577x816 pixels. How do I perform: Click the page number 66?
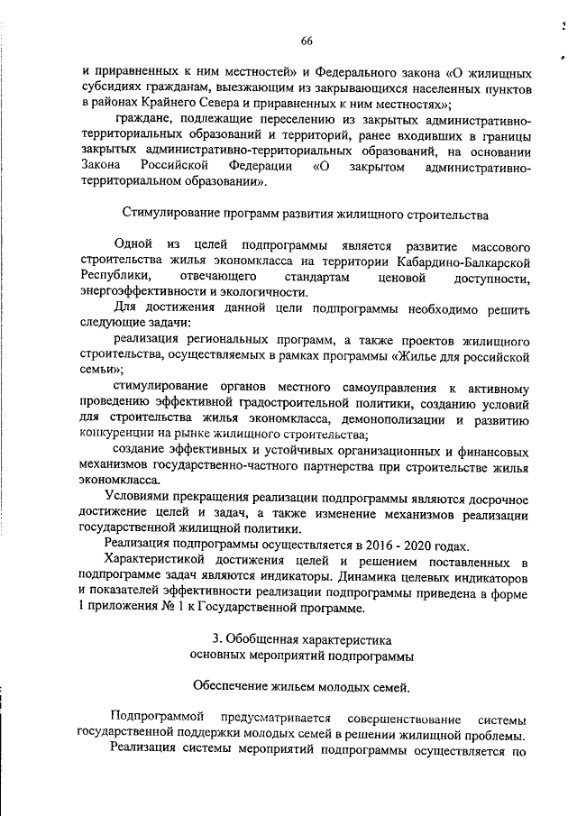point(306,41)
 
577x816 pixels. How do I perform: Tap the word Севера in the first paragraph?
point(263,104)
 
